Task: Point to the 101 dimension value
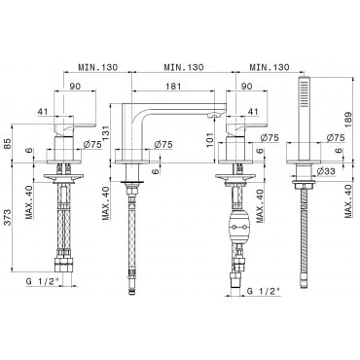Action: pos(210,140)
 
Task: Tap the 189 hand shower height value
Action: pos(347,120)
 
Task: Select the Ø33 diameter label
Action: pos(326,171)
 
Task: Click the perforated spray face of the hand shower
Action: pos(304,93)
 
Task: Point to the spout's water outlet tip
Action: pos(213,114)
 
